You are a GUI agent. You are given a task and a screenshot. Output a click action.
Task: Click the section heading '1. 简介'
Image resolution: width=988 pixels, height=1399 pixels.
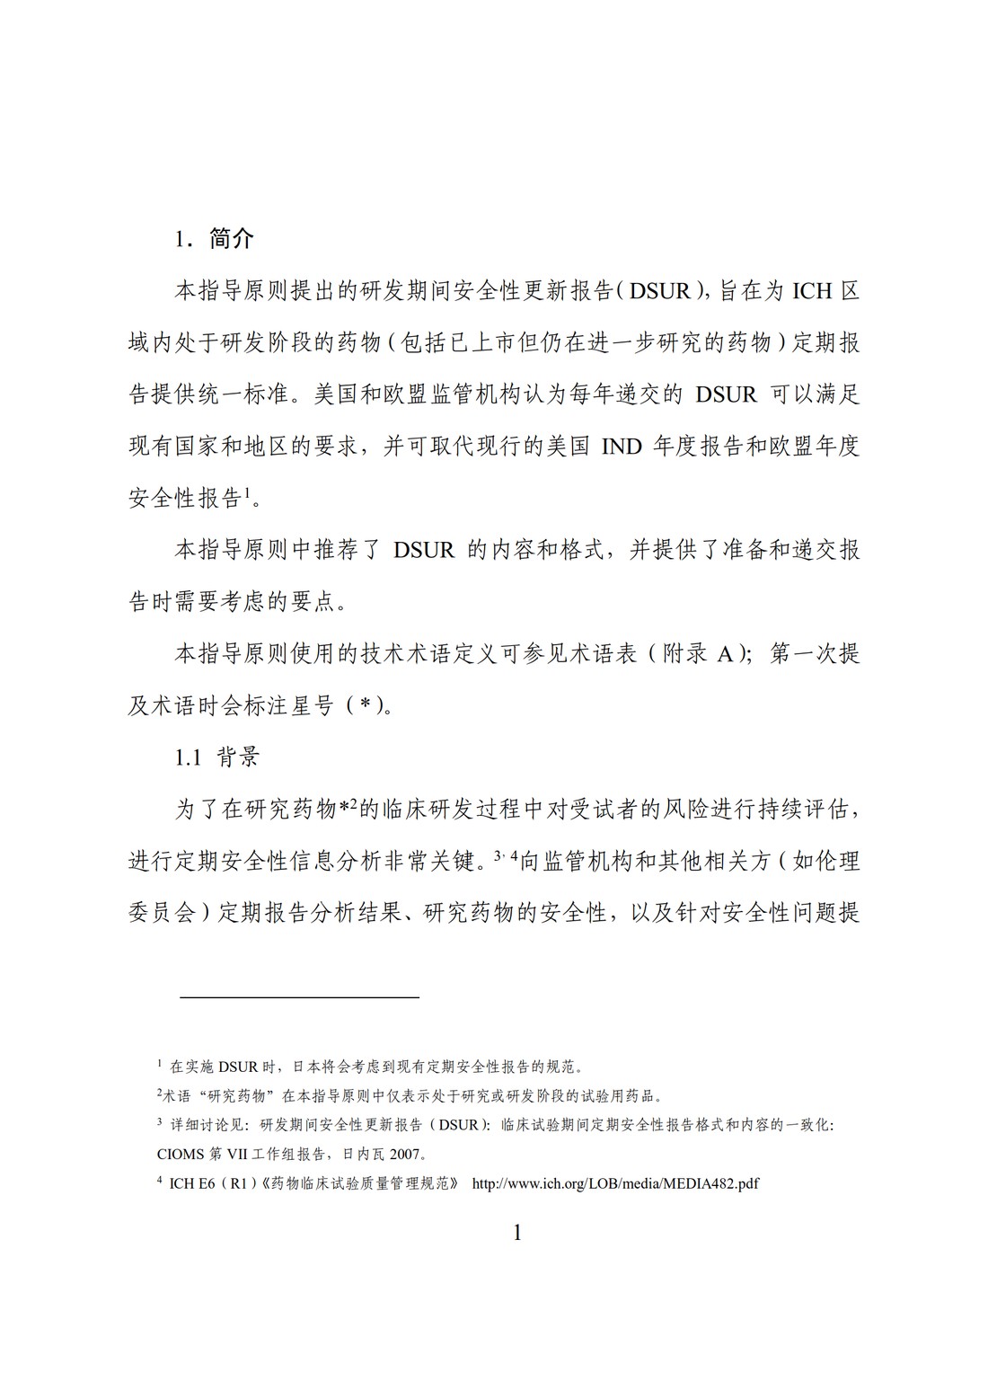[x=215, y=238]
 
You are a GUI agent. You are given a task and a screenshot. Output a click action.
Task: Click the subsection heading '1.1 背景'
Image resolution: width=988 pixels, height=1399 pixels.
[x=216, y=757]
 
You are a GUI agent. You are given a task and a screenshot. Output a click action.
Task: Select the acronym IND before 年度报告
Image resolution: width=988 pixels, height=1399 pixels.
[x=621, y=446]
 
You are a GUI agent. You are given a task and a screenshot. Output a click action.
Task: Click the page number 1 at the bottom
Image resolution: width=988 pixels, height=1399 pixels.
[x=516, y=1232]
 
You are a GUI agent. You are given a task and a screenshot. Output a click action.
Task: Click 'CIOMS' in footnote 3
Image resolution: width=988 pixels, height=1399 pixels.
[x=181, y=1155]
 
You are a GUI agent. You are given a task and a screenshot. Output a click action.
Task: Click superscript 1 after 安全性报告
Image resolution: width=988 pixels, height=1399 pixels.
[x=247, y=491]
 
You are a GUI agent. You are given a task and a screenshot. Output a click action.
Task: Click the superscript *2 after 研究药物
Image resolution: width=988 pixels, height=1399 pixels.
[x=348, y=806]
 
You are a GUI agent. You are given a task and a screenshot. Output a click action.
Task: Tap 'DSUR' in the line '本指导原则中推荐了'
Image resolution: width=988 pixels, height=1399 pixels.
[x=424, y=550]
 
